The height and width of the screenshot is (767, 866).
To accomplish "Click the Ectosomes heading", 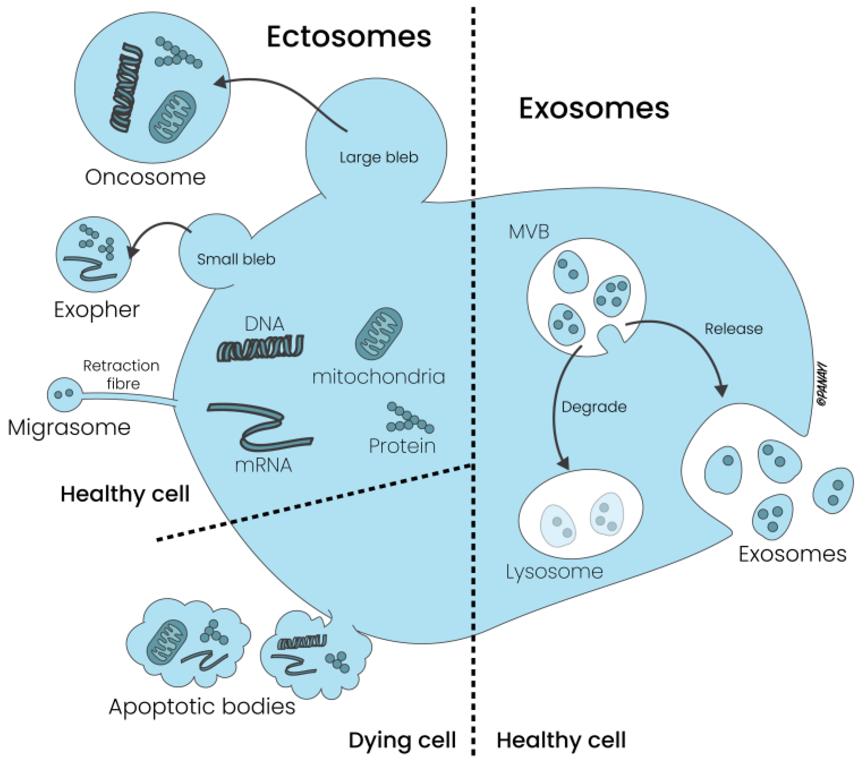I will click(349, 37).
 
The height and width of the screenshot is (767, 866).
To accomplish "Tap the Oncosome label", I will click(145, 177).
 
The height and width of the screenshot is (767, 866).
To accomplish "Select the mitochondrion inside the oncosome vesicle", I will click(172, 117).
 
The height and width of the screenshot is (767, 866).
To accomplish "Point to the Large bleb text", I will click(379, 158).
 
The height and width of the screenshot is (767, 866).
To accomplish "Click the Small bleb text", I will click(236, 259).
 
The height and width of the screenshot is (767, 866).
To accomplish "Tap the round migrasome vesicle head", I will click(65, 394).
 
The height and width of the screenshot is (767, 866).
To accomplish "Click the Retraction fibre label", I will click(122, 374).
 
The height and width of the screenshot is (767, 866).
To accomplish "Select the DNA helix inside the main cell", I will click(260, 348).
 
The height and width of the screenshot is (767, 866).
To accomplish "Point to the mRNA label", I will click(263, 466).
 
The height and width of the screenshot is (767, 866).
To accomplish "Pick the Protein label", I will click(402, 446).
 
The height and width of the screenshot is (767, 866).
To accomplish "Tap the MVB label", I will click(529, 232).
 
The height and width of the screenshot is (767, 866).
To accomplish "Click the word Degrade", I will click(594, 407).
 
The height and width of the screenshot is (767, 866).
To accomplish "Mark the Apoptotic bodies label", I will click(202, 706).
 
